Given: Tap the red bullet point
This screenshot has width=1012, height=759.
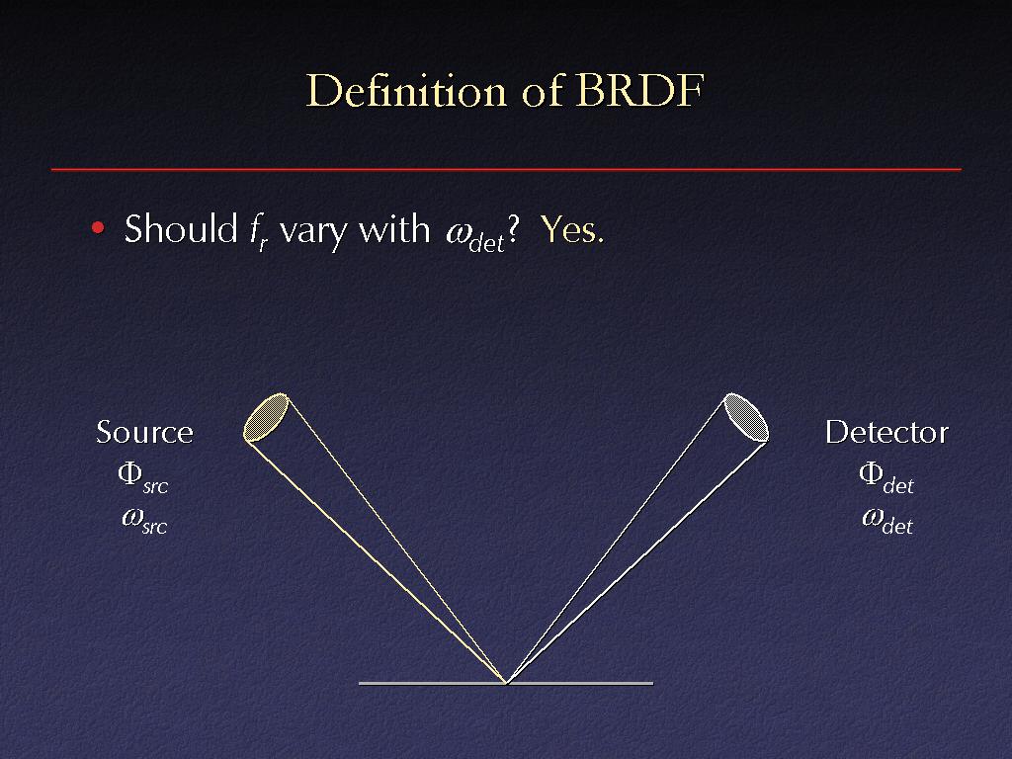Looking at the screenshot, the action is click(x=98, y=227).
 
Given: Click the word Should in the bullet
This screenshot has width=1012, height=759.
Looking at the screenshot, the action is click(x=182, y=228).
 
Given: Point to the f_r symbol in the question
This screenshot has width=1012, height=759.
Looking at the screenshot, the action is click(x=258, y=231).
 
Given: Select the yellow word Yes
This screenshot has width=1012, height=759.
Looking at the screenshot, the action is click(x=572, y=228).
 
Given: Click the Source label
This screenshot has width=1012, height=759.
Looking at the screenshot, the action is click(x=144, y=432).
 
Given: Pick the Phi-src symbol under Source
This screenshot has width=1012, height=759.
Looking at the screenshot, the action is click(x=142, y=477).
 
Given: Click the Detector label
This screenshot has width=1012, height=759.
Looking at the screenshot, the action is click(x=886, y=432).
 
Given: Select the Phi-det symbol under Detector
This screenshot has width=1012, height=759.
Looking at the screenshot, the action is click(x=886, y=477).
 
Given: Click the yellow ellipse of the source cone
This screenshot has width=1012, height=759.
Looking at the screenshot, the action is click(x=266, y=417).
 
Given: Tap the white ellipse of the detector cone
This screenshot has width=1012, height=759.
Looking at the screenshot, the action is click(x=746, y=417).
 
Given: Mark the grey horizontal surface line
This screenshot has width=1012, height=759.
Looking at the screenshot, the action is click(x=506, y=683).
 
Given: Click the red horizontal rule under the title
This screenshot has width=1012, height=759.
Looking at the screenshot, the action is click(x=506, y=169).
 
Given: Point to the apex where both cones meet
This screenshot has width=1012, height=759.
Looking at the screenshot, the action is click(x=507, y=682).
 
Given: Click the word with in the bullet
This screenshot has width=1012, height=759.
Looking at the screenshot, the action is click(x=394, y=228).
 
